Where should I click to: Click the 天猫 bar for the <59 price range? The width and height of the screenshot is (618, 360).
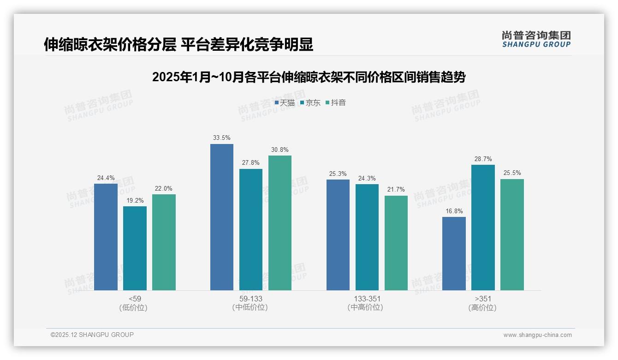pyautogui.click(x=106, y=237)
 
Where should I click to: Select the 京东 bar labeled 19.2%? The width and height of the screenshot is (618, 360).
pyautogui.click(x=135, y=248)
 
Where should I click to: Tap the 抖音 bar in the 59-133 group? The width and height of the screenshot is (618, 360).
pyautogui.click(x=280, y=223)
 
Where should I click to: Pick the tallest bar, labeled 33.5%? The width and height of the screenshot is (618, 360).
pyautogui.click(x=222, y=217)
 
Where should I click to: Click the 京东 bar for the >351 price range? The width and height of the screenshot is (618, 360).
pyautogui.click(x=483, y=228)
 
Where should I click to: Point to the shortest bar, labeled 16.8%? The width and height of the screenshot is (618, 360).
pyautogui.click(x=454, y=253)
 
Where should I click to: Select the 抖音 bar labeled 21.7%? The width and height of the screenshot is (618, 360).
pyautogui.click(x=396, y=243)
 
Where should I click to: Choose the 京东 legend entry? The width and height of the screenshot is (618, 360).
pyautogui.click(x=310, y=103)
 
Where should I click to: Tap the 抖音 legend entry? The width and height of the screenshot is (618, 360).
pyautogui.click(x=336, y=103)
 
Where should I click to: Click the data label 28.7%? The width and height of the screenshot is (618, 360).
pyautogui.click(x=483, y=159)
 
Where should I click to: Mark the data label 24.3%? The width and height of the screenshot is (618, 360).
pyautogui.click(x=367, y=178)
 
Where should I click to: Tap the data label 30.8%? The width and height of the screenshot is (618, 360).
pyautogui.click(x=280, y=150)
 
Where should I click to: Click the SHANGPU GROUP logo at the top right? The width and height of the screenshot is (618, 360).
pyautogui.click(x=536, y=39)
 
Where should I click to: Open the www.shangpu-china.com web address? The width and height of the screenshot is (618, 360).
pyautogui.click(x=537, y=335)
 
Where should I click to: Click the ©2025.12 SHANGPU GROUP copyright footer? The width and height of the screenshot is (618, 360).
pyautogui.click(x=92, y=335)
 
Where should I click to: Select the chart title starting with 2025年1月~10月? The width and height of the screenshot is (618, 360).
pyautogui.click(x=309, y=77)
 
